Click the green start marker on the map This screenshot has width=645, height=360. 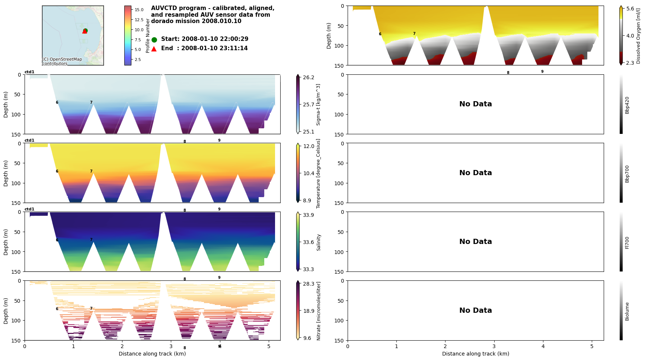[x=85, y=30]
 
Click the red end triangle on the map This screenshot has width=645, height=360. [x=84, y=32]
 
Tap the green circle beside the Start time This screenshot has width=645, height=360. [x=154, y=39]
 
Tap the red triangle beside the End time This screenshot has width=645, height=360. [x=154, y=49]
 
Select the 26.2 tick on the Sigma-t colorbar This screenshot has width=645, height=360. [x=309, y=77]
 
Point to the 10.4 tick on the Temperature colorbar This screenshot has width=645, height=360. [x=309, y=173]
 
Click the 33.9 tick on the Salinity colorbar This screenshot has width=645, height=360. [x=309, y=215]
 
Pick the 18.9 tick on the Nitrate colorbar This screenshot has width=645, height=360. [x=309, y=311]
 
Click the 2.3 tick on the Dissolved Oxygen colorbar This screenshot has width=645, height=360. [x=630, y=63]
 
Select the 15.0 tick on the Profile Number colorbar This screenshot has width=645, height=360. [x=139, y=10]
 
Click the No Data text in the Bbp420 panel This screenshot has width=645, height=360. [x=475, y=104]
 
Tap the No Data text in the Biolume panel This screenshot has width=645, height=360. [x=475, y=311]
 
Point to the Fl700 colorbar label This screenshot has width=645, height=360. [x=627, y=242]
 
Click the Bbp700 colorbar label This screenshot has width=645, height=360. [x=627, y=174]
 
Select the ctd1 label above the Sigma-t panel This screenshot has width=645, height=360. [x=29, y=72]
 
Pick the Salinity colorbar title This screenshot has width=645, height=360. [x=319, y=242]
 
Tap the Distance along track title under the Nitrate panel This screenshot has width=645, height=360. [x=152, y=354]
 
